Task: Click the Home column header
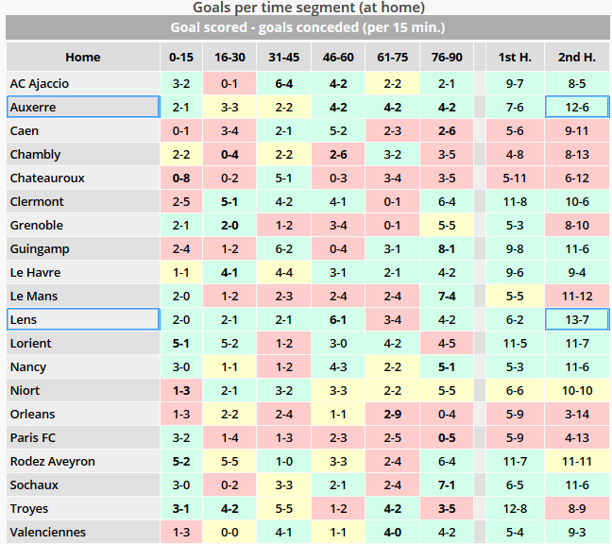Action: [x=83, y=58]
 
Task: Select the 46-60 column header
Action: [x=338, y=58]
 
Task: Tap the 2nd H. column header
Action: [x=576, y=58]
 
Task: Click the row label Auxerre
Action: [x=34, y=108]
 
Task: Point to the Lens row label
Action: [x=24, y=320]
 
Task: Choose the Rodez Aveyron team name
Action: [x=53, y=462]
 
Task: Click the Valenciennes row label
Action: [x=48, y=533]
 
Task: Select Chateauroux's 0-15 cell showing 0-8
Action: [x=181, y=178]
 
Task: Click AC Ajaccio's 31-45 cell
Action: [x=283, y=84]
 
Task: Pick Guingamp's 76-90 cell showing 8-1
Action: [x=447, y=249]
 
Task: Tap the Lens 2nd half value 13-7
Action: [x=576, y=320]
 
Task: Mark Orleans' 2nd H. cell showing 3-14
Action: [x=576, y=415]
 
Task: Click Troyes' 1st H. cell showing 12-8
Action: [x=515, y=509]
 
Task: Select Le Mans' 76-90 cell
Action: [x=447, y=297]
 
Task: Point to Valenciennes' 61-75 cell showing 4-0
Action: [x=393, y=533]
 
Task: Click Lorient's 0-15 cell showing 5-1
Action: [x=181, y=344]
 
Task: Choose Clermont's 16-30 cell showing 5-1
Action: [x=229, y=202]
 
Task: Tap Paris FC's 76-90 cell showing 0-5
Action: [x=447, y=438]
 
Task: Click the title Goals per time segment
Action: [x=306, y=8]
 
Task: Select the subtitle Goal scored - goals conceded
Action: [x=306, y=27]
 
